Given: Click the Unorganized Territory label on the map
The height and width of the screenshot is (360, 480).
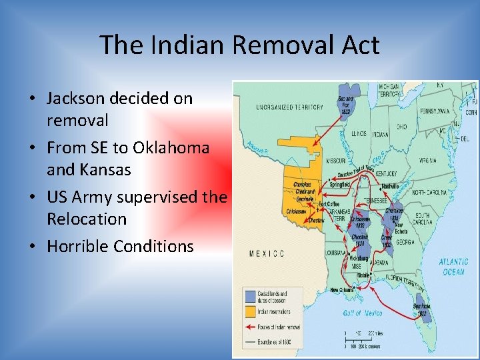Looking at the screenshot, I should point(281,107).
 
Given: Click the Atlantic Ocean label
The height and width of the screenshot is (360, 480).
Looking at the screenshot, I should point(453,267).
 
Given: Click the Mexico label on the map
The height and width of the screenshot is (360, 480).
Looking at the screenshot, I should point(267,253).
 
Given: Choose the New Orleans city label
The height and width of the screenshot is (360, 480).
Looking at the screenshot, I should point(343,290).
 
